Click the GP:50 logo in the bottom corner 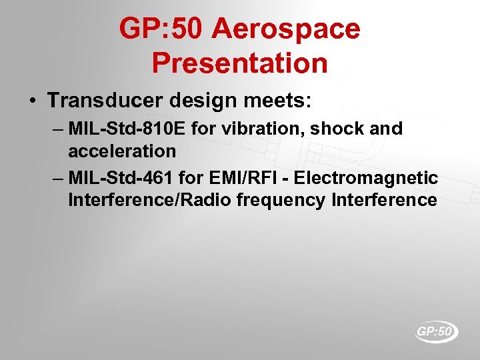[436, 331]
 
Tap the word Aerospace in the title [286, 29]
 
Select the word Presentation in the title [240, 63]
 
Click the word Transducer [105, 101]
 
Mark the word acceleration [122, 151]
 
